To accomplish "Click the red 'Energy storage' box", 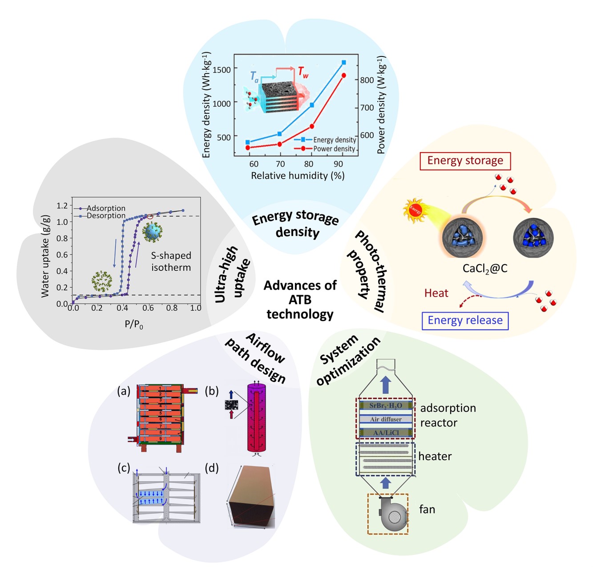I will pyautogui.click(x=465, y=161).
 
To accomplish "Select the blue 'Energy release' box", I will pyautogui.click(x=465, y=320).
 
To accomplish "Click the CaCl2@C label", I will pyautogui.click(x=485, y=269).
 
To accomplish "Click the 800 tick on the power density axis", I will pyautogui.click(x=367, y=80).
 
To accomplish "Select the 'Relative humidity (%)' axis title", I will pyautogui.click(x=298, y=176).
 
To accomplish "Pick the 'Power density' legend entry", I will pyautogui.click(x=334, y=149).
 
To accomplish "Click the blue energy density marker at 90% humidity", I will pyautogui.click(x=343, y=63).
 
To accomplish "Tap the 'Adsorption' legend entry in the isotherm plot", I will pyautogui.click(x=105, y=208).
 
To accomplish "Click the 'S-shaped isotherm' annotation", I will pyautogui.click(x=171, y=261).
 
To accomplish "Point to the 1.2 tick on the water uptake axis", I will pyautogui.click(x=62, y=205).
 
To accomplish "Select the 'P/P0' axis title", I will pyautogui.click(x=134, y=325).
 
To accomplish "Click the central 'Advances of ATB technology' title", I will pyautogui.click(x=300, y=299).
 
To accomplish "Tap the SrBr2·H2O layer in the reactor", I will pyautogui.click(x=385, y=406).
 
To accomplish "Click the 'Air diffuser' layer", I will pyautogui.click(x=385, y=419).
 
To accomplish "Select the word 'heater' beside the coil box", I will pyautogui.click(x=435, y=456).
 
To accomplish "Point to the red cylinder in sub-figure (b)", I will pyautogui.click(x=256, y=418).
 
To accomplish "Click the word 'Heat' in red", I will pyautogui.click(x=436, y=293).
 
